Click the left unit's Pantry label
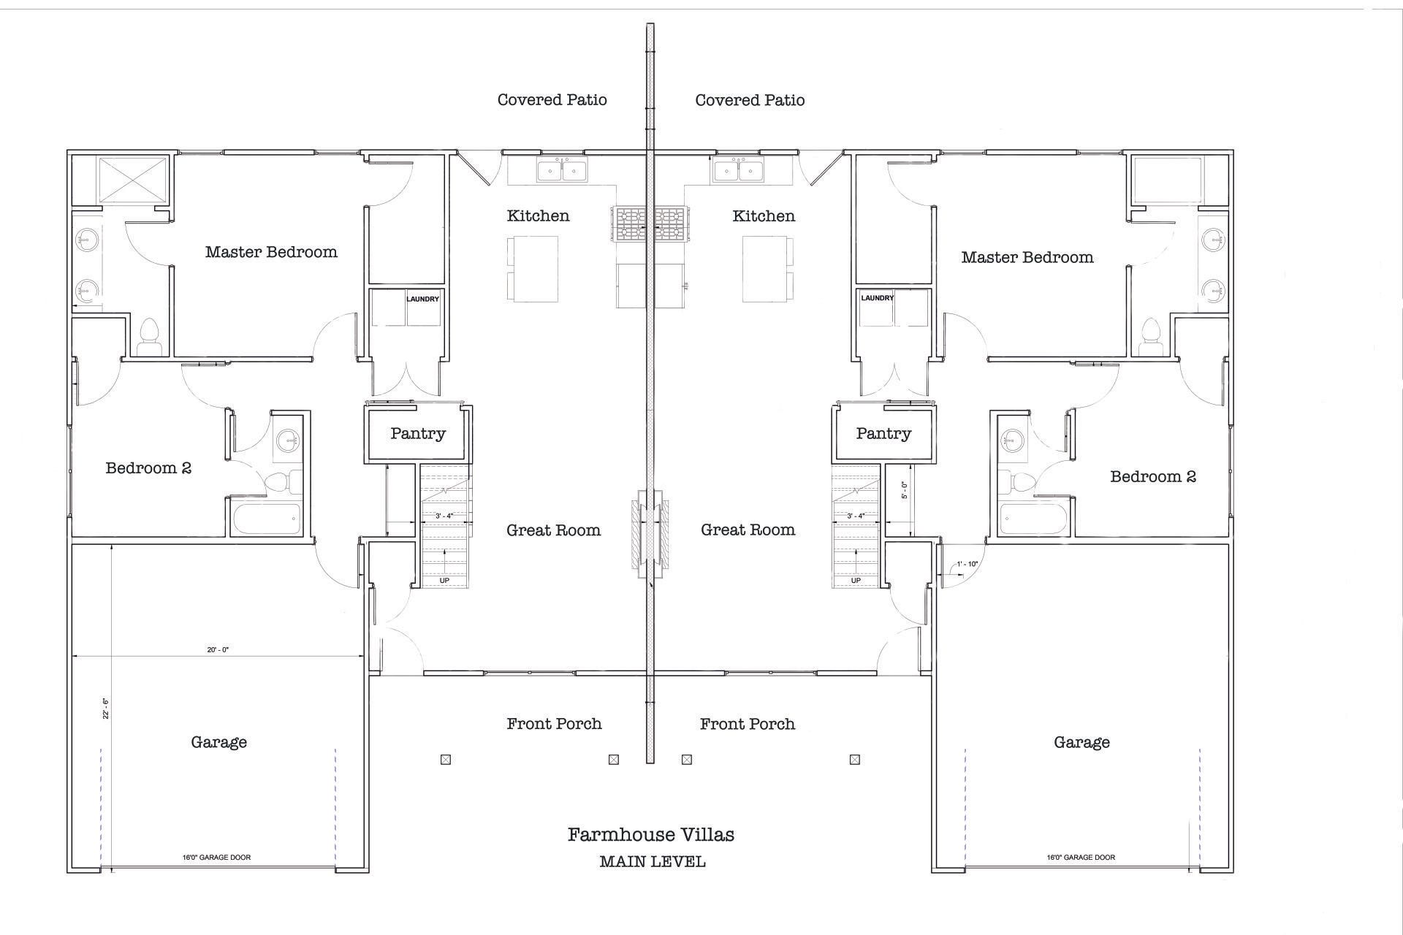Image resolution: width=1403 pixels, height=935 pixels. [417, 434]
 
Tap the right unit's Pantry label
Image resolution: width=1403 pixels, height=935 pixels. [883, 434]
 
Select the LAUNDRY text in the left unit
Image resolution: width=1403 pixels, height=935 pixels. [422, 299]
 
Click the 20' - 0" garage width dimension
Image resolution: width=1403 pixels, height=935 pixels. [218, 649]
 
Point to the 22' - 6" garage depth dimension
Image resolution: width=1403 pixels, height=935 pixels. [106, 709]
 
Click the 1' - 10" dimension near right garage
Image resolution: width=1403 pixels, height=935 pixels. [967, 564]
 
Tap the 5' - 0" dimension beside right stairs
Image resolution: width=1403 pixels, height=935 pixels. [905, 489]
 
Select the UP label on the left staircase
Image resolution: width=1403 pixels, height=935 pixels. [444, 581]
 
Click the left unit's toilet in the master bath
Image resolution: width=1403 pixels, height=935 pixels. [149, 337]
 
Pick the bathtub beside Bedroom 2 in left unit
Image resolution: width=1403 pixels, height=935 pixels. [266, 519]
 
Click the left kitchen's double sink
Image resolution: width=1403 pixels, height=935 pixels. [561, 170]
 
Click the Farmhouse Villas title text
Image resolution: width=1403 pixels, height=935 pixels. [650, 835]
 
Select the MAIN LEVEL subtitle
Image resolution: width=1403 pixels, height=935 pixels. [652, 862]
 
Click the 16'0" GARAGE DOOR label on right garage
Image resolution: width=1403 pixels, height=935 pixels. [1081, 858]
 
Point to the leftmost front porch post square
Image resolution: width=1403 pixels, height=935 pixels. [446, 760]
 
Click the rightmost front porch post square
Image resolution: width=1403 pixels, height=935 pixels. [854, 760]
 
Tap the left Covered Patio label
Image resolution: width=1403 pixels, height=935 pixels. [552, 100]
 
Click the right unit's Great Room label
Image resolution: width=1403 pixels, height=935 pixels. [748, 530]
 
